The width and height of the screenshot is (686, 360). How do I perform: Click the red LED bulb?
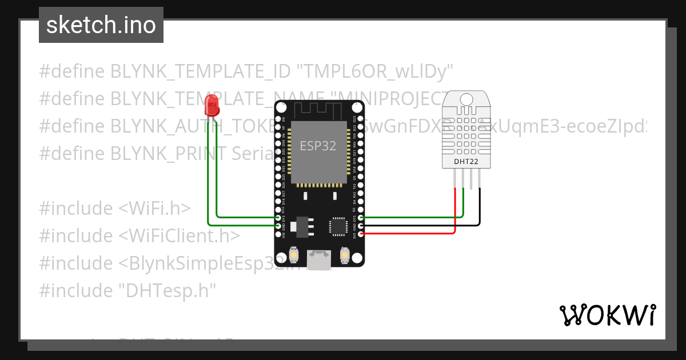[x=212, y=105]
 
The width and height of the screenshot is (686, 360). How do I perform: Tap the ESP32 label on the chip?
[x=318, y=146]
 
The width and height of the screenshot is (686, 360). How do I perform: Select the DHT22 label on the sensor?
[x=467, y=161]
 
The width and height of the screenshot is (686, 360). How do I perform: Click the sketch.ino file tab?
[x=101, y=25]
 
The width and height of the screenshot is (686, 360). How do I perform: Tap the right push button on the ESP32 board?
[x=344, y=254]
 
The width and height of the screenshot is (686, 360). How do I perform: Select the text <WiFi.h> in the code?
[x=154, y=209]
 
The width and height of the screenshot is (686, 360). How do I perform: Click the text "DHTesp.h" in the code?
[x=167, y=291]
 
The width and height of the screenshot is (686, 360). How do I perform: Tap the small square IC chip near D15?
[x=337, y=226]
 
